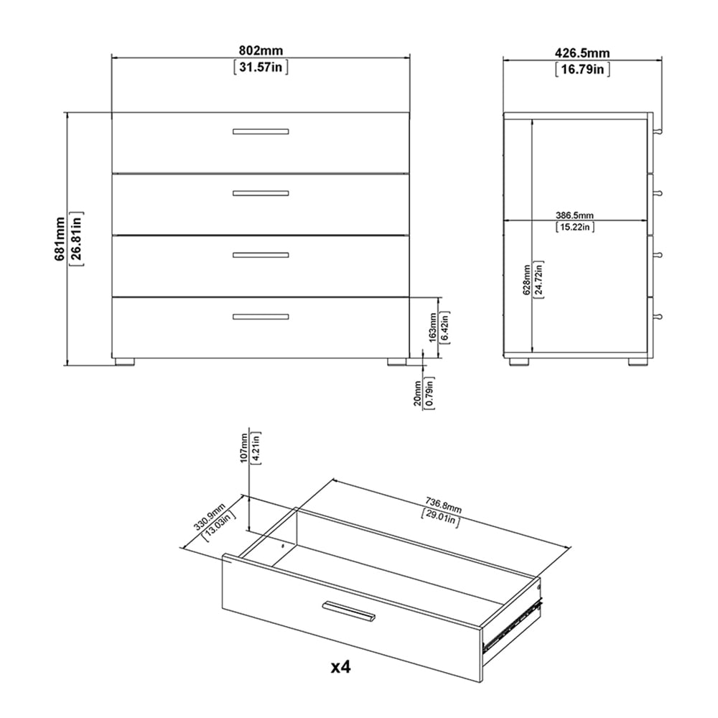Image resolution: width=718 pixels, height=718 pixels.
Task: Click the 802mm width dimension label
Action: pyautogui.click(x=261, y=50)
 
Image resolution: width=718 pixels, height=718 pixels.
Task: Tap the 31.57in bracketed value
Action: pyautogui.click(x=261, y=67)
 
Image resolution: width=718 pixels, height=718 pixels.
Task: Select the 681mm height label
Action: pyautogui.click(x=60, y=238)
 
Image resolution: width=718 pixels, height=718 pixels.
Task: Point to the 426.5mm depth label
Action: pyautogui.click(x=582, y=53)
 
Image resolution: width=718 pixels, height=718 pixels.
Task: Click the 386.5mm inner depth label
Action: pyautogui.click(x=574, y=215)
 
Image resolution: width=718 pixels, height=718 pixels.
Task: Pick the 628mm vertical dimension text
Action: pyautogui.click(x=526, y=279)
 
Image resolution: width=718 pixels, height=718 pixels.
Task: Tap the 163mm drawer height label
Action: pyautogui.click(x=433, y=327)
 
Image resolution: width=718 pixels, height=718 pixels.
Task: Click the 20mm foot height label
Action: pyautogui.click(x=417, y=393)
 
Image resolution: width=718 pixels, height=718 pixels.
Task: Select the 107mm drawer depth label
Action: pyautogui.click(x=244, y=448)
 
